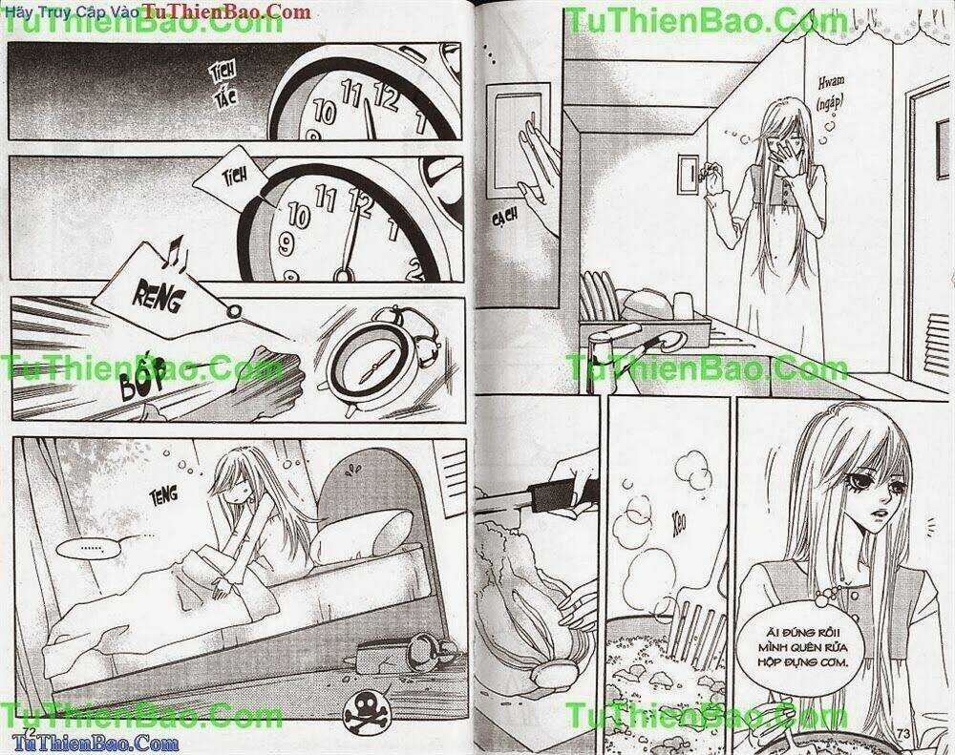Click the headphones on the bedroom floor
pyautogui.click(x=393, y=655)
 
